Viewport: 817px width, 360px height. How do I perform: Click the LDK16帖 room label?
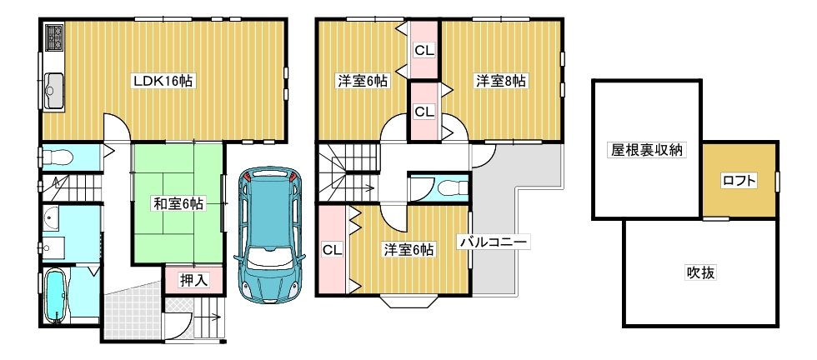pyautogui.click(x=163, y=81)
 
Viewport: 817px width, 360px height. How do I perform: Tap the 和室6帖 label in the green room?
pyautogui.click(x=178, y=202)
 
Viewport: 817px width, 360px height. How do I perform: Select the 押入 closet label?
pyautogui.click(x=193, y=280)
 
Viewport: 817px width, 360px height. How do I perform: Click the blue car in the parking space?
pyautogui.click(x=268, y=234)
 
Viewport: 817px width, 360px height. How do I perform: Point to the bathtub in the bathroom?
pyautogui.click(x=57, y=296)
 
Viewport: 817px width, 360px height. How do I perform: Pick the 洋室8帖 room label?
pyautogui.click(x=501, y=81)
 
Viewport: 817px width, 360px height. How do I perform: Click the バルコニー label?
pyautogui.click(x=493, y=242)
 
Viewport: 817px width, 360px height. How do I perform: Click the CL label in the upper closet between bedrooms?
pyautogui.click(x=424, y=51)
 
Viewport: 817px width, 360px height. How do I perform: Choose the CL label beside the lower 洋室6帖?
pyautogui.click(x=332, y=248)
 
